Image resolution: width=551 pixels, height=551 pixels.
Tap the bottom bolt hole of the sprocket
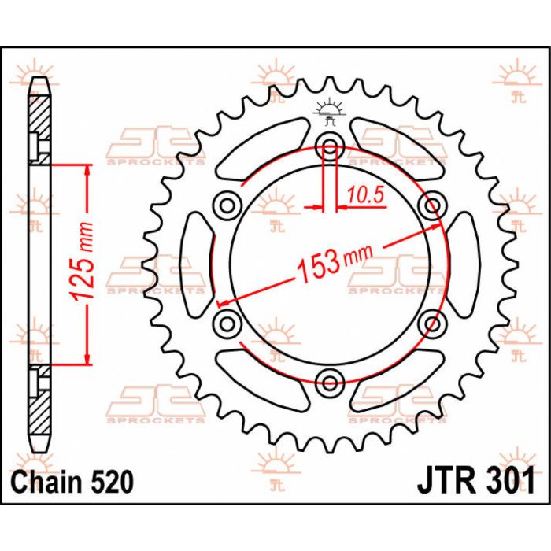[x=329, y=383]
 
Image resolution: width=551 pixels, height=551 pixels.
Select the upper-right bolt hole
[x=431, y=206]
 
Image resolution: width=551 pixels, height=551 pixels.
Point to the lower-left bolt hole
[x=227, y=323]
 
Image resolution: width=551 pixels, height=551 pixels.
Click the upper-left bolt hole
[x=227, y=206]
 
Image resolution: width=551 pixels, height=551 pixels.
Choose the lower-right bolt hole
[x=431, y=323]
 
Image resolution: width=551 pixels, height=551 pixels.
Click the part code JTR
[x=440, y=479]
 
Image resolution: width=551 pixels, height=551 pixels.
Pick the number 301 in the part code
[x=508, y=479]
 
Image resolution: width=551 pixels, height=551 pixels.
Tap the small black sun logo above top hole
[x=329, y=111]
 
